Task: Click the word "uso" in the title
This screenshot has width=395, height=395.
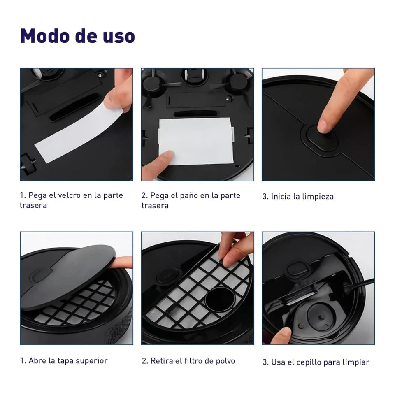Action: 119,37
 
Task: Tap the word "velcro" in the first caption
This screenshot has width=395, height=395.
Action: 65,195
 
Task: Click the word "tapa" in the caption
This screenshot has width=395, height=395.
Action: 65,361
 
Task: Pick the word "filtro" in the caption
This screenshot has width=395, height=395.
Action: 193,361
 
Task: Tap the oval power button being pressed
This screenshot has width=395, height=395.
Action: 319,139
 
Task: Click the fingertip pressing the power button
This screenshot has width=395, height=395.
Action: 324,126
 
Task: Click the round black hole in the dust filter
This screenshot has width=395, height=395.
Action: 220,300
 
